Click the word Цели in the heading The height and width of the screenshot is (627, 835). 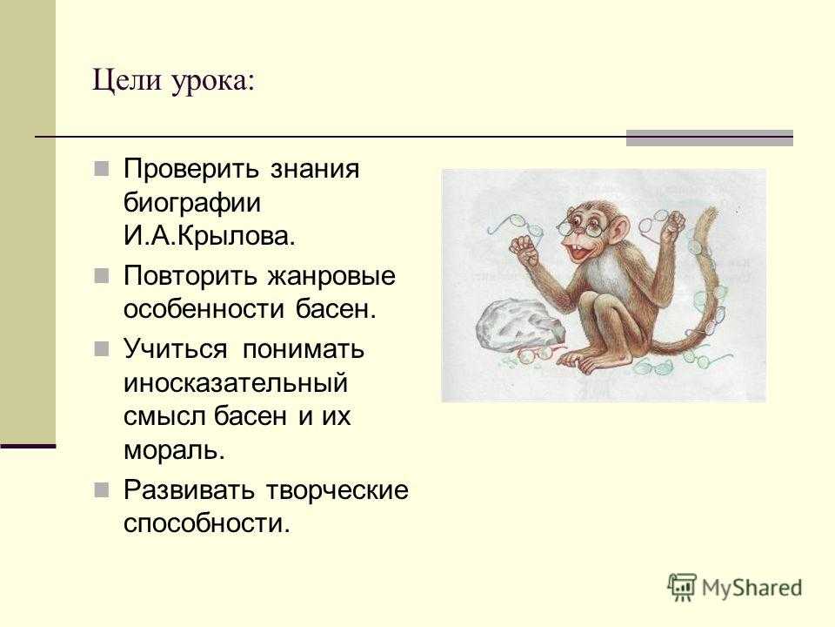tap(127, 80)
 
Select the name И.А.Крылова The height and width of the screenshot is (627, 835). tap(210, 236)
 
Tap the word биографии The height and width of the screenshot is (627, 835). tap(192, 203)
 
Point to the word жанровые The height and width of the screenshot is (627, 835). tap(331, 276)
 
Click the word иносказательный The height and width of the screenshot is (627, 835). tap(236, 382)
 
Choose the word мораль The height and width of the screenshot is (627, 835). tap(174, 450)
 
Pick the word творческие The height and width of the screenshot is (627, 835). tap(337, 490)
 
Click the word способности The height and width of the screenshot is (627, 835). tap(207, 523)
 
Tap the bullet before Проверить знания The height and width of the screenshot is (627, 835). tap(102, 169)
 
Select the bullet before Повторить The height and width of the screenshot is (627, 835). tap(102, 276)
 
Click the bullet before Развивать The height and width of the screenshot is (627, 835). tap(102, 489)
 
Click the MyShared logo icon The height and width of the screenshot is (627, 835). tap(682, 587)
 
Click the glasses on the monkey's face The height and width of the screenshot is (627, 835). tap(580, 227)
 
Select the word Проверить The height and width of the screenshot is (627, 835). tap(191, 170)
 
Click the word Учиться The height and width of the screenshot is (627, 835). tap(176, 350)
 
